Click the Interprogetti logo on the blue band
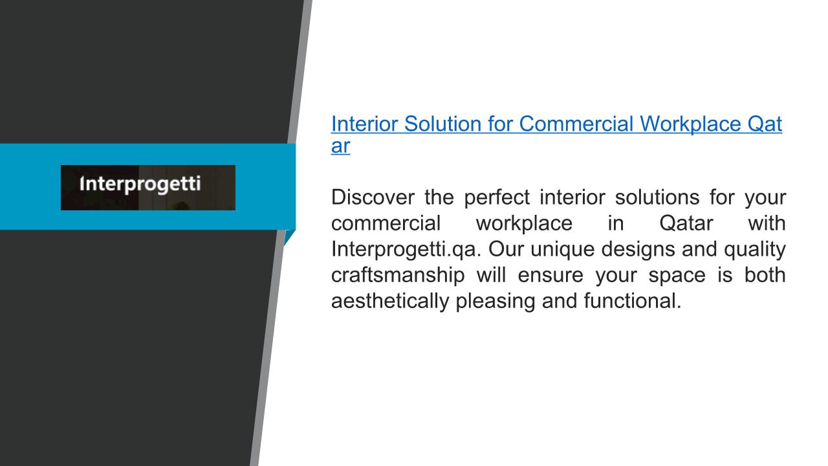[148, 188]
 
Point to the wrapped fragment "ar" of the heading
[340, 146]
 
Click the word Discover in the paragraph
[373, 197]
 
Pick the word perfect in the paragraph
[497, 198]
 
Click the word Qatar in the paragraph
[686, 223]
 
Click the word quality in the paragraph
[755, 250]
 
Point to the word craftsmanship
[398, 276]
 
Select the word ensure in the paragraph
[550, 276]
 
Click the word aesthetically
[390, 301]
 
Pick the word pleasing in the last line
[496, 302]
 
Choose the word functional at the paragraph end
[633, 301]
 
